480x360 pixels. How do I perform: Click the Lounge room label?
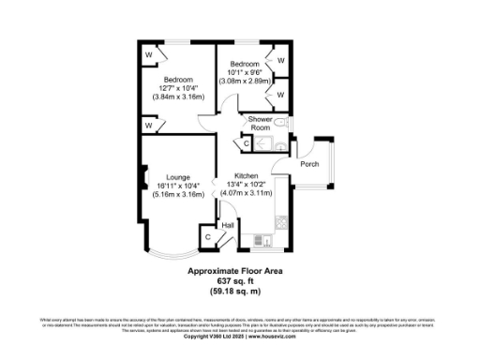click(x=178, y=176)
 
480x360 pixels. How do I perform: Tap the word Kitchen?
click(x=247, y=176)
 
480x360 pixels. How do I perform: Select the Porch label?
click(x=308, y=164)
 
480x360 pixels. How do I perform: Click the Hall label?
click(x=227, y=225)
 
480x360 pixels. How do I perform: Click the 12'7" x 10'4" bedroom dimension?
click(x=178, y=88)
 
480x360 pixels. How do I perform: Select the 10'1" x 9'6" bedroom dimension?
click(x=243, y=72)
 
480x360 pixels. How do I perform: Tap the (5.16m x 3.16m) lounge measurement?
click(x=178, y=195)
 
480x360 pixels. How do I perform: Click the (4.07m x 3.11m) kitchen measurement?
click(x=247, y=193)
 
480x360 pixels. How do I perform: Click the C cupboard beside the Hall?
click(x=207, y=237)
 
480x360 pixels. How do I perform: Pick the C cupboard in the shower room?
click(x=247, y=143)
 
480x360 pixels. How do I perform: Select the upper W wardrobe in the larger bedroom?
click(x=149, y=55)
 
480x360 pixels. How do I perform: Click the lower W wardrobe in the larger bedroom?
click(x=149, y=125)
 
